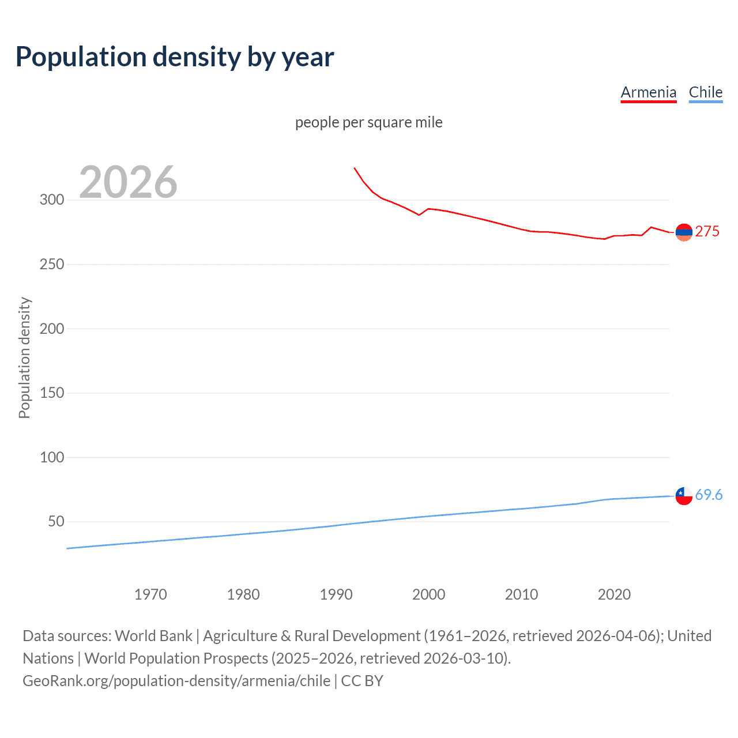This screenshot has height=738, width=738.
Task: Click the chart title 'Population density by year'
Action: tap(175, 57)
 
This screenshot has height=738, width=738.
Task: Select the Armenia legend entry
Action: tap(648, 92)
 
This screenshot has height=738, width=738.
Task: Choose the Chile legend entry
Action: tap(705, 92)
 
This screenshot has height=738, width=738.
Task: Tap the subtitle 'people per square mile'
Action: tap(368, 122)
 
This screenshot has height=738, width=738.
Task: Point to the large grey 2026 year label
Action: tap(128, 182)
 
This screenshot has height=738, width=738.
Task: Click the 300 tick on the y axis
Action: tap(52, 200)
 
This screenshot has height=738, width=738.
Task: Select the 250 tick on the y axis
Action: tap(52, 265)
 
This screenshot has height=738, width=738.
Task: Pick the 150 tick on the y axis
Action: tap(52, 393)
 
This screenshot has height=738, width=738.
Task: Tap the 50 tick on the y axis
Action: tap(56, 522)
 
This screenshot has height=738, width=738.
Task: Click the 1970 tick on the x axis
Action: tap(150, 594)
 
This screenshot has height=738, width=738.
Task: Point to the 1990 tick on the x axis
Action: tap(336, 594)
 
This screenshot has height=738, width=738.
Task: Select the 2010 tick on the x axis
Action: tap(521, 594)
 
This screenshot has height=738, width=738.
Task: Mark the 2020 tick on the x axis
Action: tap(614, 594)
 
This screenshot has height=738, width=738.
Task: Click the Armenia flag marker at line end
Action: tap(684, 232)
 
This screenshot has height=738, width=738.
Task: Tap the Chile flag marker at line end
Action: tap(684, 496)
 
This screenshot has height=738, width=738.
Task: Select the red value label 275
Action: tap(707, 232)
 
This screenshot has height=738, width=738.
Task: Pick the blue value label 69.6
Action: tap(709, 495)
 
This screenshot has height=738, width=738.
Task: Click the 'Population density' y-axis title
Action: tap(24, 357)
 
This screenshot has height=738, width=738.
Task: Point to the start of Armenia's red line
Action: tap(355, 168)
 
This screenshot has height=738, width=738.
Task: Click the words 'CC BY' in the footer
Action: tap(362, 681)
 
